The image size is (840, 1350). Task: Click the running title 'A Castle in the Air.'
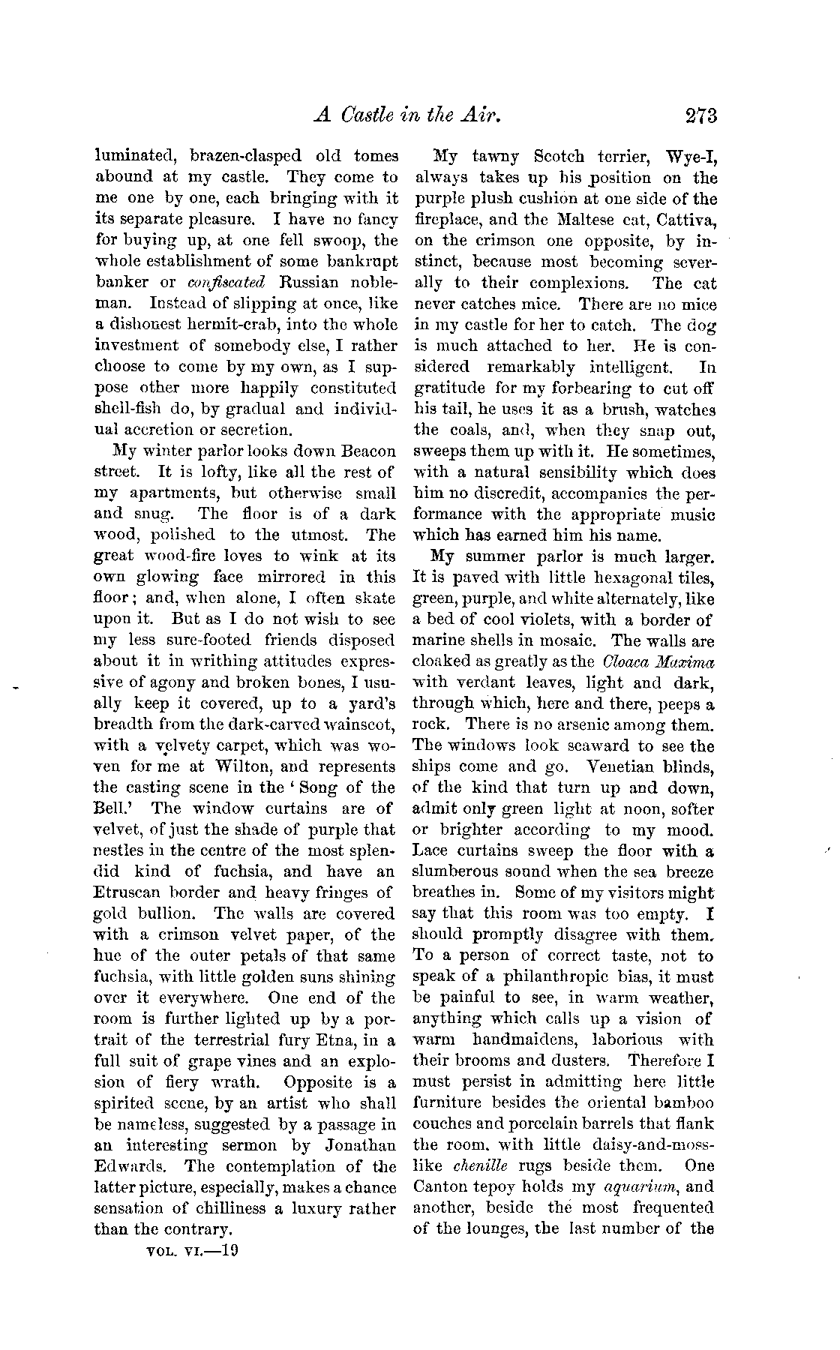coord(406,115)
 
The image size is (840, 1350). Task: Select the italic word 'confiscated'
coord(224,283)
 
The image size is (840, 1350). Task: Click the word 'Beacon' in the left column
coord(368,451)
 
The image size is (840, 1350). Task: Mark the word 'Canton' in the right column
coord(445,1187)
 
